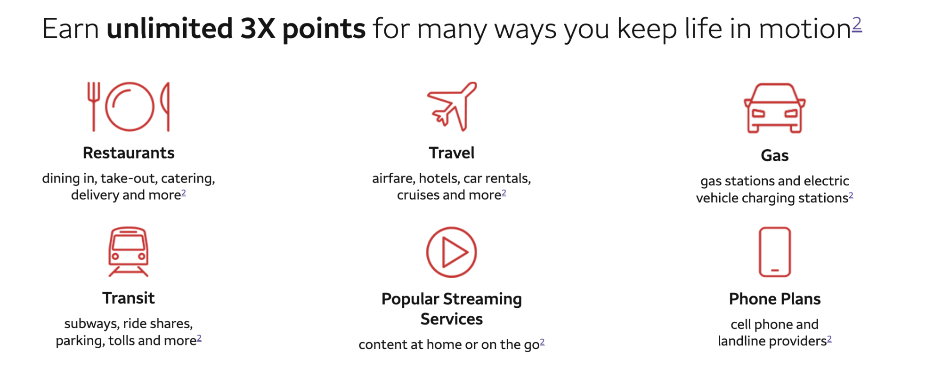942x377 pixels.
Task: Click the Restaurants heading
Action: (129, 153)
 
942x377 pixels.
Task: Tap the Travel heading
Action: (452, 153)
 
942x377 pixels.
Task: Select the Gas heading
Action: (775, 155)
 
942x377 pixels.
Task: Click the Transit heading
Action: (129, 298)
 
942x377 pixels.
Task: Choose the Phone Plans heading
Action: (775, 299)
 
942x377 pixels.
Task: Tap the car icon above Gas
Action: (775, 108)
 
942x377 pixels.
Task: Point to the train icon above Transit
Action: (129, 251)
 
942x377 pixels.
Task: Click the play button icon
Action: (452, 252)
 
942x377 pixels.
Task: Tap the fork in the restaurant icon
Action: (94, 106)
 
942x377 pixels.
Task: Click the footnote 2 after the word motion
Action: (857, 24)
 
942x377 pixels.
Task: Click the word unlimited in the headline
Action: (170, 29)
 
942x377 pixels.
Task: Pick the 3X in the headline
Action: (258, 29)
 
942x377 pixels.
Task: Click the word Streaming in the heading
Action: (483, 299)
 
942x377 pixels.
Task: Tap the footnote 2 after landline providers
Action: (829, 339)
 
